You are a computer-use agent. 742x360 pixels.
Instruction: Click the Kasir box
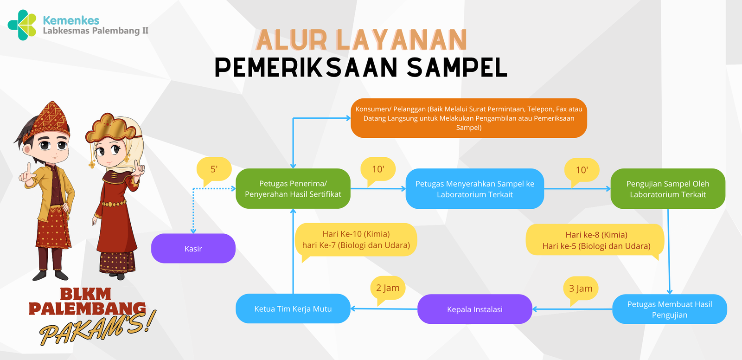tap(193, 248)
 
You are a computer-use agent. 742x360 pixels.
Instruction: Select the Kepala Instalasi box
tap(475, 309)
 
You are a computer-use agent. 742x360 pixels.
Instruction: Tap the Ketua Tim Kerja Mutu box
tap(293, 309)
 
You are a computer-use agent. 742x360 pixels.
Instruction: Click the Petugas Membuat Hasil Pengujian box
tap(670, 309)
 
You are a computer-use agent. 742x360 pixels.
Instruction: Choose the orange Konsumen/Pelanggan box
tap(469, 118)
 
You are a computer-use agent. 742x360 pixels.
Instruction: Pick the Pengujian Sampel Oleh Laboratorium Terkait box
tap(668, 189)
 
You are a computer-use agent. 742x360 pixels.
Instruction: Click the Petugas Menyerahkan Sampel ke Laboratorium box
tap(475, 189)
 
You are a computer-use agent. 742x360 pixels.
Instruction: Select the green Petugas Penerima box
tap(293, 189)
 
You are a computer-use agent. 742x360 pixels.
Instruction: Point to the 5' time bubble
tap(214, 170)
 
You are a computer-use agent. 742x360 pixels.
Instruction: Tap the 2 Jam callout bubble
tap(388, 289)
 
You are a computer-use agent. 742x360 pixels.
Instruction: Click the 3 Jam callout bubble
tap(581, 289)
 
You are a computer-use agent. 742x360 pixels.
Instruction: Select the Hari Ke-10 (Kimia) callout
tap(356, 240)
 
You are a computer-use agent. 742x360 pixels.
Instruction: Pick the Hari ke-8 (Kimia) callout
tap(595, 240)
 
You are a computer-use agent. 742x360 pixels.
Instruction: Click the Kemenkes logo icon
tap(22, 25)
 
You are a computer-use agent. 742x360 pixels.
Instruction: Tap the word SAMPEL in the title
tap(457, 67)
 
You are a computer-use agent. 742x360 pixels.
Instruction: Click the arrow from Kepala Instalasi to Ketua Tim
tap(384, 309)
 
